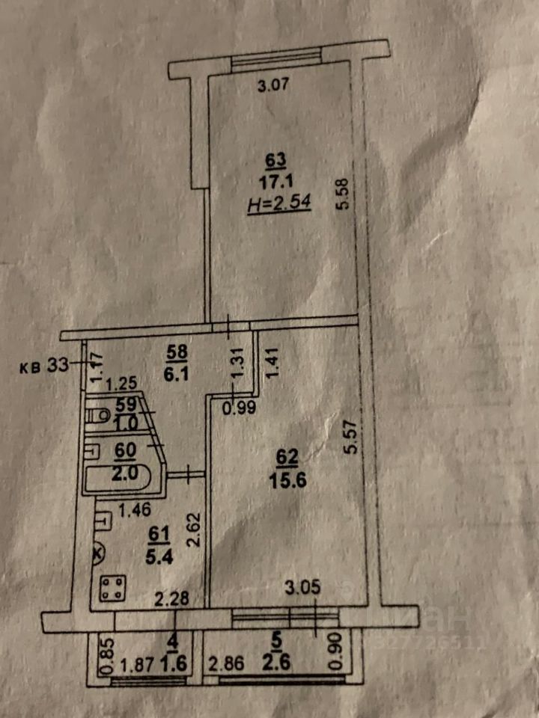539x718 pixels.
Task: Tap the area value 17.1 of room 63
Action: pos(275,180)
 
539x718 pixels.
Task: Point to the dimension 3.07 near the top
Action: pos(272,86)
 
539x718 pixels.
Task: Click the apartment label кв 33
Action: pos(46,366)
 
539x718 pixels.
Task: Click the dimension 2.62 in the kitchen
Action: pos(194,529)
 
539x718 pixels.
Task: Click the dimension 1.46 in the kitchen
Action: pos(135,512)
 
